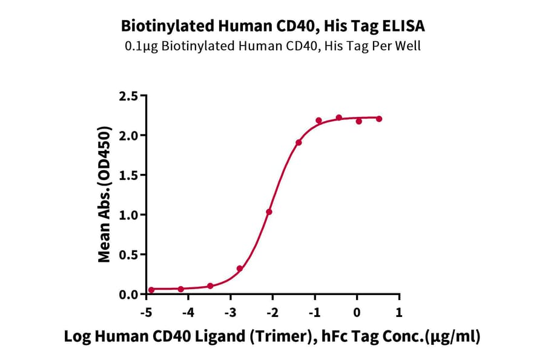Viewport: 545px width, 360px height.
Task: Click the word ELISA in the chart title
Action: pyautogui.click(x=403, y=26)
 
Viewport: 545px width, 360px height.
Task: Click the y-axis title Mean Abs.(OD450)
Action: pyautogui.click(x=105, y=195)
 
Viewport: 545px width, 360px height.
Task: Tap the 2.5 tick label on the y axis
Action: pyautogui.click(x=130, y=96)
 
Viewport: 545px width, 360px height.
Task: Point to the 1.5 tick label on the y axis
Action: pyautogui.click(x=130, y=175)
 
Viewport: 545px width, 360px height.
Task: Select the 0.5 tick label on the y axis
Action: pyautogui.click(x=130, y=255)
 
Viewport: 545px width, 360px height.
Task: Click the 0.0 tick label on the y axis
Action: pyautogui.click(x=130, y=295)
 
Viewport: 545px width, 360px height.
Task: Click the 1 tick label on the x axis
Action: pyautogui.click(x=398, y=312)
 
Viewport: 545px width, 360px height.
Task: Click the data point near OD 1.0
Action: pyautogui.click(x=269, y=212)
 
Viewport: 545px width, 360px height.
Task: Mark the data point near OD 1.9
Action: pyautogui.click(x=299, y=142)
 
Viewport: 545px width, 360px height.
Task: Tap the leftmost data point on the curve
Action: pyautogui.click(x=151, y=290)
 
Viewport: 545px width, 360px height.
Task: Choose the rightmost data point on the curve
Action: pyautogui.click(x=379, y=119)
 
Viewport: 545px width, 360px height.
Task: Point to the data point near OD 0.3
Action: pyautogui.click(x=240, y=268)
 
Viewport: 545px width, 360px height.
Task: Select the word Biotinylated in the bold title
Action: pyautogui.click(x=160, y=26)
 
